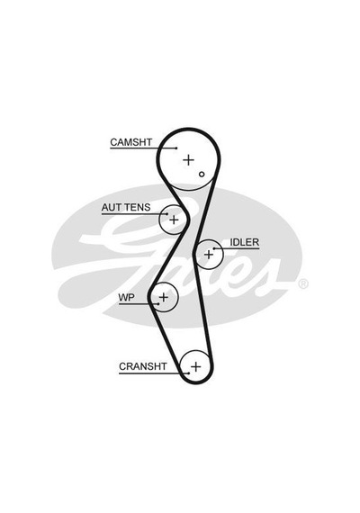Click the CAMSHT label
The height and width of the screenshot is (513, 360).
[x=130, y=142]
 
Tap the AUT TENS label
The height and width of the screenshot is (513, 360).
[x=126, y=207]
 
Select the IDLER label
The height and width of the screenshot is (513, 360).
[x=244, y=242]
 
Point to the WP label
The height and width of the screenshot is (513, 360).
[x=126, y=297]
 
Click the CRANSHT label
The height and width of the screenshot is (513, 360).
[x=143, y=366]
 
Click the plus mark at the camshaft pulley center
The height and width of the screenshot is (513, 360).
[x=188, y=160]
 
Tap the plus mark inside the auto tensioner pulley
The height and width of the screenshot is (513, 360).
[x=174, y=220]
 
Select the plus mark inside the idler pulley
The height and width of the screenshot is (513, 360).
[x=209, y=254]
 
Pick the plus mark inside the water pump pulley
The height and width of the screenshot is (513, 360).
[x=163, y=297]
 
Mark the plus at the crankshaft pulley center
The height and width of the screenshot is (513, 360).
[x=195, y=366]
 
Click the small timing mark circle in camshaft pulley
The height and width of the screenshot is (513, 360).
[x=202, y=174]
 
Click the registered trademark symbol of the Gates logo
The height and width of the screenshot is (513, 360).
[x=303, y=284]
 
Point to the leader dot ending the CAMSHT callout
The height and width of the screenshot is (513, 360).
[x=176, y=148]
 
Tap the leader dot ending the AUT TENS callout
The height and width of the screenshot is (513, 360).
[x=166, y=214]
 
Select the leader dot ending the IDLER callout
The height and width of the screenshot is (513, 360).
[x=214, y=248]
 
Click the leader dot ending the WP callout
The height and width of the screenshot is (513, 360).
[x=158, y=304]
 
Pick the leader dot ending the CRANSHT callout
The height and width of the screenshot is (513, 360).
[x=189, y=373]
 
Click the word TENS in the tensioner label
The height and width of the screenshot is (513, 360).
[x=138, y=207]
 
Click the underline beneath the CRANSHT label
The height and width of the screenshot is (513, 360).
[x=154, y=373]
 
